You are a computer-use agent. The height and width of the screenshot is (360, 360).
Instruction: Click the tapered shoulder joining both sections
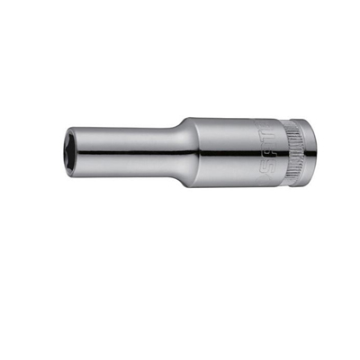(186, 151)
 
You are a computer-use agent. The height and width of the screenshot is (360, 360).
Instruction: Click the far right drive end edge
(315, 151)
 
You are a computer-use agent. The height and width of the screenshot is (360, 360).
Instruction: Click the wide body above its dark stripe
(234, 130)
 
